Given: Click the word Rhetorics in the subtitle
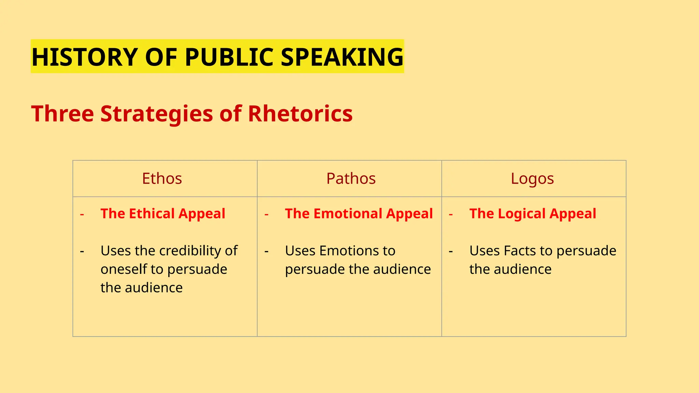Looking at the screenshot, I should click(300, 113).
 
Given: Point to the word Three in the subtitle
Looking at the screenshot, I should click(62, 113).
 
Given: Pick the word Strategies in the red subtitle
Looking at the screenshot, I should click(157, 114).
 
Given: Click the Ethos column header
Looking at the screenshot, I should click(162, 178).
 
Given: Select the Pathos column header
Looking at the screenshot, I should click(351, 178).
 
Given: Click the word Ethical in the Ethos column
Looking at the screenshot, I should click(152, 214).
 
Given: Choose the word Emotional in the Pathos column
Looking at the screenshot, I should click(348, 214).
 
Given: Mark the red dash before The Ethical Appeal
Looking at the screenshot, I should click(82, 215).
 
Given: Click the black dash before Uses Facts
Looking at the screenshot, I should click(451, 252).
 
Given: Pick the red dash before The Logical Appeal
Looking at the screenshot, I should click(451, 215).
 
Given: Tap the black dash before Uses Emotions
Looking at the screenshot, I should click(267, 252).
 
